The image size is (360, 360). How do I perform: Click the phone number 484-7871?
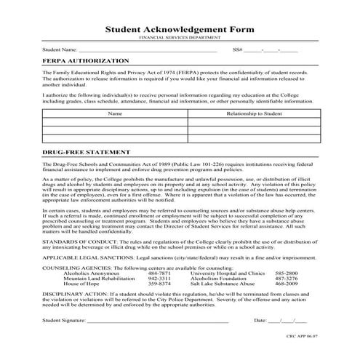159,273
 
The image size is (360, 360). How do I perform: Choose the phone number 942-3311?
159,279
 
